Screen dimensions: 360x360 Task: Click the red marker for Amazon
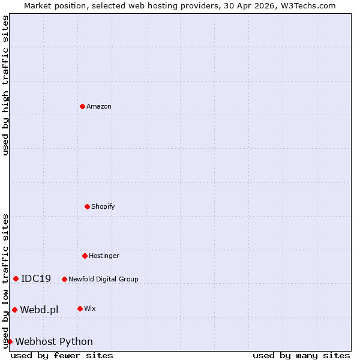pyautogui.click(x=82, y=106)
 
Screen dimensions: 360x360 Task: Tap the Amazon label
pyautogui.click(x=99, y=107)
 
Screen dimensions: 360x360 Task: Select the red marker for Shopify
pyautogui.click(x=87, y=206)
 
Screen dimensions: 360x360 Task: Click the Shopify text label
pyautogui.click(x=103, y=207)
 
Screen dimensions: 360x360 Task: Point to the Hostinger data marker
pyautogui.click(x=85, y=256)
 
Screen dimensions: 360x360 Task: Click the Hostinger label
pyautogui.click(x=104, y=256)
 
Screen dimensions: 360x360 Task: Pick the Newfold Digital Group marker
pyautogui.click(x=64, y=279)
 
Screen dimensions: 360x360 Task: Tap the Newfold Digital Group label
pyautogui.click(x=103, y=279)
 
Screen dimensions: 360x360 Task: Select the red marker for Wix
pyautogui.click(x=80, y=308)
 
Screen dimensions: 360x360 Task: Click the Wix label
pyautogui.click(x=90, y=309)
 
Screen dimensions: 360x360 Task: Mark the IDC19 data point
pyautogui.click(x=16, y=278)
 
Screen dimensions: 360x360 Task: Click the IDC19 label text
pyautogui.click(x=36, y=279)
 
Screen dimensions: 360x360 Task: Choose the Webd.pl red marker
pyautogui.click(x=14, y=310)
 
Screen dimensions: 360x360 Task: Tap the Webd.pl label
pyautogui.click(x=39, y=310)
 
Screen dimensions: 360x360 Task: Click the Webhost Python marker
pyautogui.click(x=10, y=341)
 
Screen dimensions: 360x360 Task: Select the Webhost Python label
pyautogui.click(x=54, y=342)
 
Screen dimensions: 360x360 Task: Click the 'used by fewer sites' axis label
pyautogui.click(x=62, y=356)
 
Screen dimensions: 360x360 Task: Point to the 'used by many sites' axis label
pyautogui.click(x=301, y=356)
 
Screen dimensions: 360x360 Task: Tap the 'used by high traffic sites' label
pyautogui.click(x=5, y=85)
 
